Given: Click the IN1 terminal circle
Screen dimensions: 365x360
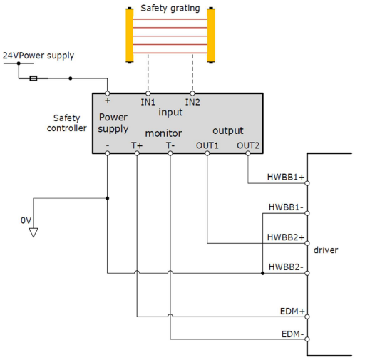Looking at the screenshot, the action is pos(148,93).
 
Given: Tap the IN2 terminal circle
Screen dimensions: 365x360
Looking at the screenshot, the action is pos(192,93).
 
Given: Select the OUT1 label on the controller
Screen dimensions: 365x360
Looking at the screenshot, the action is pos(207,145).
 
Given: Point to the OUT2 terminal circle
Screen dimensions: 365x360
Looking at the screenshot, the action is pos(248,153).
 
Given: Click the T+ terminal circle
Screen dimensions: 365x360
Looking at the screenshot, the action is pos(137,153).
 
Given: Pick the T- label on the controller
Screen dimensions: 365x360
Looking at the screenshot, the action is pos(170,145).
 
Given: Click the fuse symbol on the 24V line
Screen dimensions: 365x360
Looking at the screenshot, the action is pos(34,78).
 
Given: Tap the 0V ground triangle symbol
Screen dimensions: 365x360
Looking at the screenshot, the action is pos(34,232).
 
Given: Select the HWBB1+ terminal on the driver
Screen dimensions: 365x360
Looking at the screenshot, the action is pos(307,183).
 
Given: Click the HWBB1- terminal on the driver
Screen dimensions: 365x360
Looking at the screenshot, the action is pos(307,213).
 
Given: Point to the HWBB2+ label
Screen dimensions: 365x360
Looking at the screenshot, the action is pos(286,237).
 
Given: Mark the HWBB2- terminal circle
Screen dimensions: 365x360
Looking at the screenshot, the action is pos(307,273).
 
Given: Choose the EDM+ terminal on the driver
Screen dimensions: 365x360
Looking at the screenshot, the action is pos(307,317).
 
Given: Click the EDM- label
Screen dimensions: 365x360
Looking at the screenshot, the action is pos(292,334).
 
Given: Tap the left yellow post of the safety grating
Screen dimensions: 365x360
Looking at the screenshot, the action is pos(130,36).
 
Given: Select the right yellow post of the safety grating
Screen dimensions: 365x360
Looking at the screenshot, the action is pos(211,36).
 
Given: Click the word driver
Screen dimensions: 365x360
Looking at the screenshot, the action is pos(326,250).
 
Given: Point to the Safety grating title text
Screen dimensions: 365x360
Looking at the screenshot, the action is pos(170,9).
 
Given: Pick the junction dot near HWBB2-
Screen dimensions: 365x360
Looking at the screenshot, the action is pos(262,273).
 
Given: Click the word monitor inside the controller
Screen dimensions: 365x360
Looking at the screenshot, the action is pos(163,133).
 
